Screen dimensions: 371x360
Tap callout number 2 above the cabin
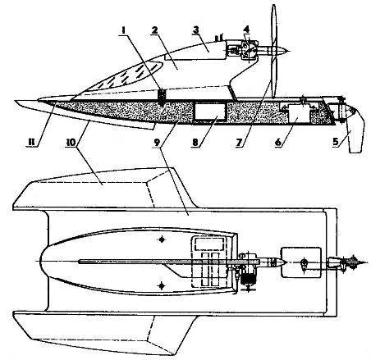(154, 30)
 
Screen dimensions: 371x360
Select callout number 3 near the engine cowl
(195, 30)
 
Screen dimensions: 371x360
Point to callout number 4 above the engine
(247, 30)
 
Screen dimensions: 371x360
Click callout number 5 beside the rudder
(336, 142)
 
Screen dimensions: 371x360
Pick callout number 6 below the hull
(278, 143)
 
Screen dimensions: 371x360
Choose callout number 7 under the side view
(239, 143)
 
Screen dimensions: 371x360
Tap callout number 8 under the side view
(195, 143)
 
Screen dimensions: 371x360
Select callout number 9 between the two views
(157, 143)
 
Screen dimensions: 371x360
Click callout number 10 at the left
(72, 143)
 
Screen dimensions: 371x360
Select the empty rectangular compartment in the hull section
(210, 112)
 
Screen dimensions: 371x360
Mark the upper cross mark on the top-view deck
(163, 239)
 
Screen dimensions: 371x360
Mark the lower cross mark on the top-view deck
(163, 286)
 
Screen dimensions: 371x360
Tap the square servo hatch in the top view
(301, 262)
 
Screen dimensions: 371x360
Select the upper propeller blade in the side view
(274, 26)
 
